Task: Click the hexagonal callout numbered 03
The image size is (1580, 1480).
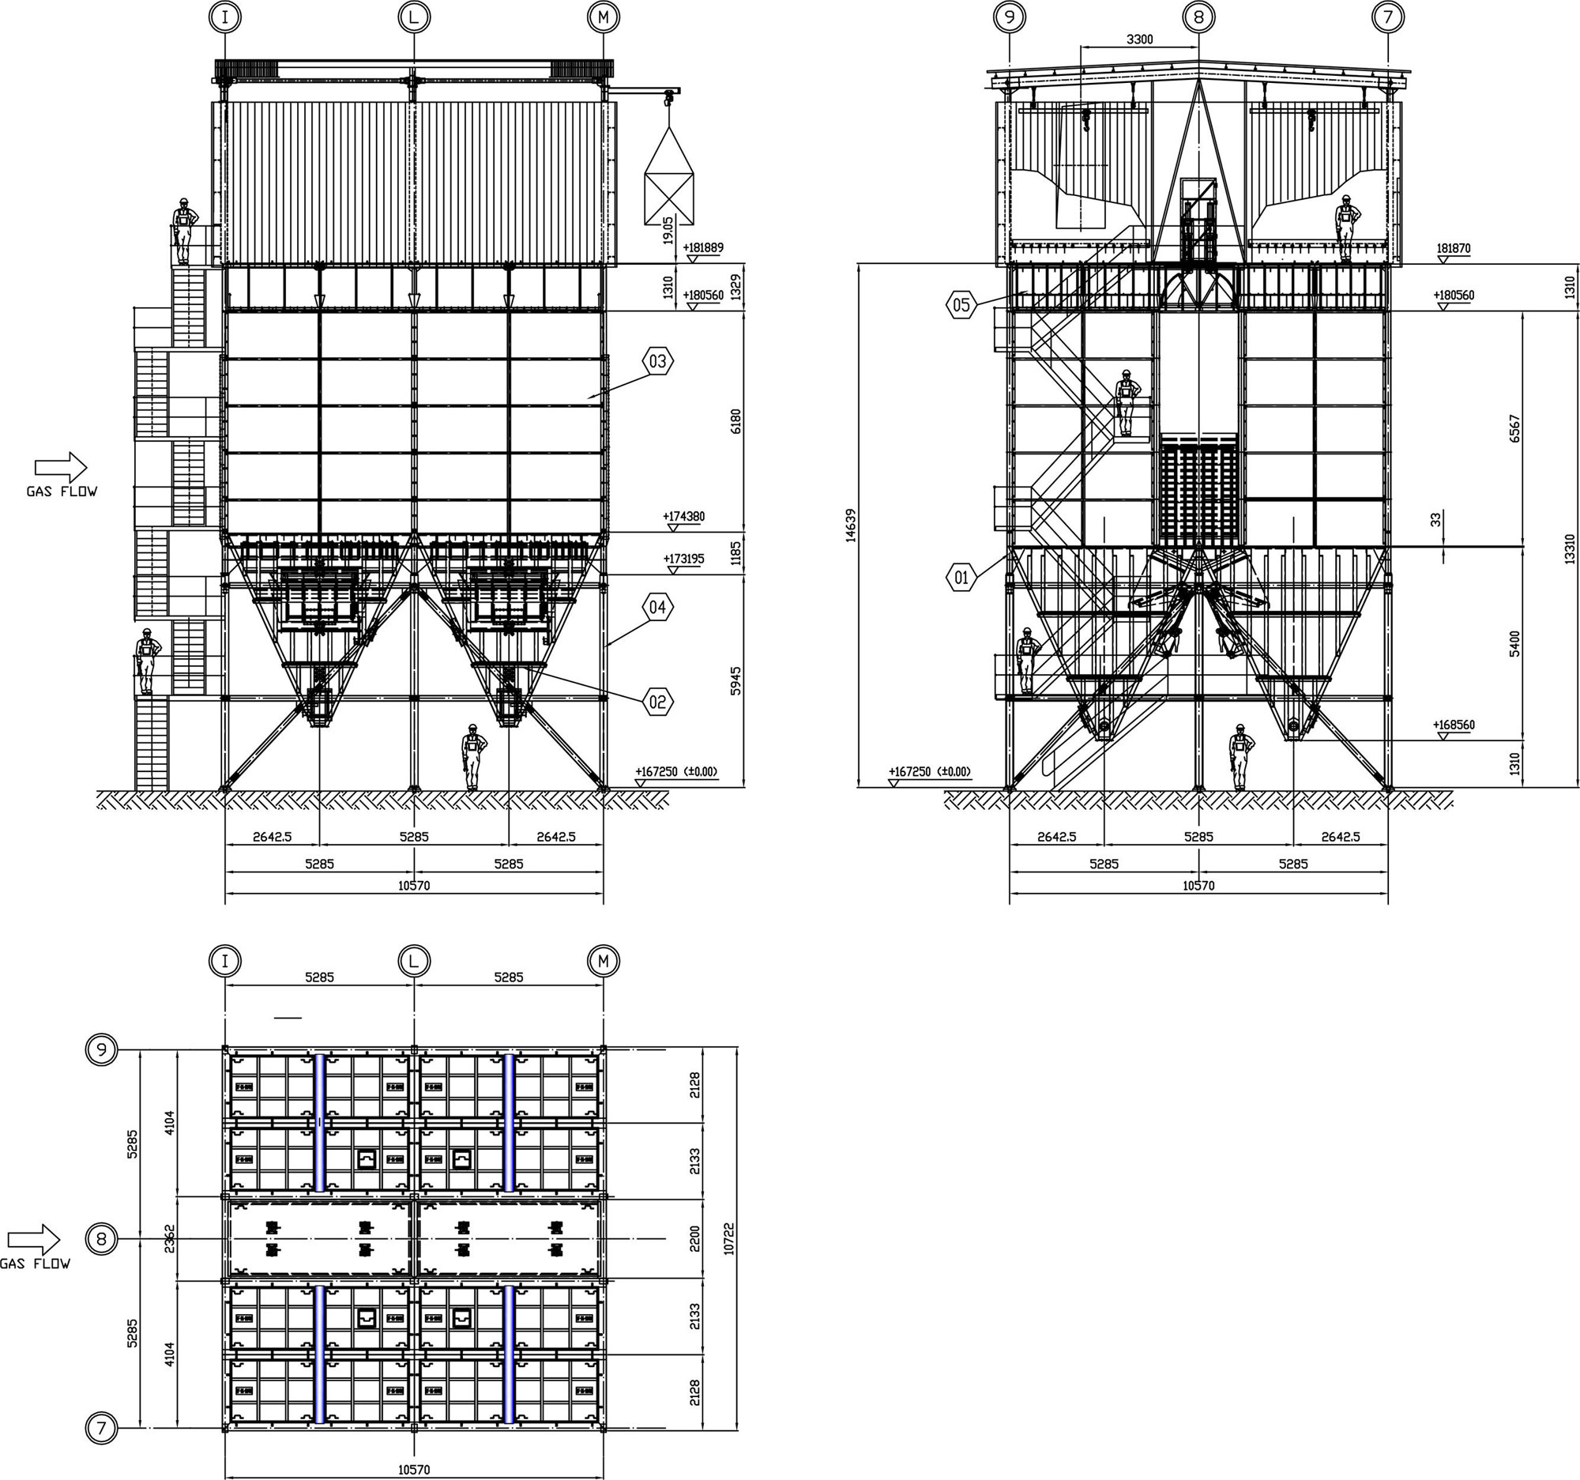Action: pyautogui.click(x=657, y=362)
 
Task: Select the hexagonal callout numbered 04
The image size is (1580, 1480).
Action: pyautogui.click(x=657, y=608)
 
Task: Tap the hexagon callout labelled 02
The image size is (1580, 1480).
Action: pyautogui.click(x=657, y=702)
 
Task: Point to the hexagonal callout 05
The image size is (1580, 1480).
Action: pyautogui.click(x=961, y=304)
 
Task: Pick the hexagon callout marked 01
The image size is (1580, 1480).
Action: pyautogui.click(x=961, y=578)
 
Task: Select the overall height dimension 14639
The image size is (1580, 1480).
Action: pyautogui.click(x=851, y=525)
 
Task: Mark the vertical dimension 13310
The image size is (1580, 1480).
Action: pyautogui.click(x=1569, y=548)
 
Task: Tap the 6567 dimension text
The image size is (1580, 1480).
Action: pyautogui.click(x=1515, y=428)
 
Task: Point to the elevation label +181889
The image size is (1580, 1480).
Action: pyautogui.click(x=702, y=248)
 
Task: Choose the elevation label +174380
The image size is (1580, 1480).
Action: pyautogui.click(x=683, y=517)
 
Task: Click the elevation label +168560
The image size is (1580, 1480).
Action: pyautogui.click(x=1454, y=725)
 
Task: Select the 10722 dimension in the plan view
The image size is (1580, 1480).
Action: pyautogui.click(x=730, y=1238)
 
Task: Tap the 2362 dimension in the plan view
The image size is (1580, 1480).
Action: pyautogui.click(x=169, y=1239)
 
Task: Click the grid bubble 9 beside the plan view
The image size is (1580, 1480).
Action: pyautogui.click(x=101, y=1050)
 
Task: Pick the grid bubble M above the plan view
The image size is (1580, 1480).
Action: pyautogui.click(x=604, y=961)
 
